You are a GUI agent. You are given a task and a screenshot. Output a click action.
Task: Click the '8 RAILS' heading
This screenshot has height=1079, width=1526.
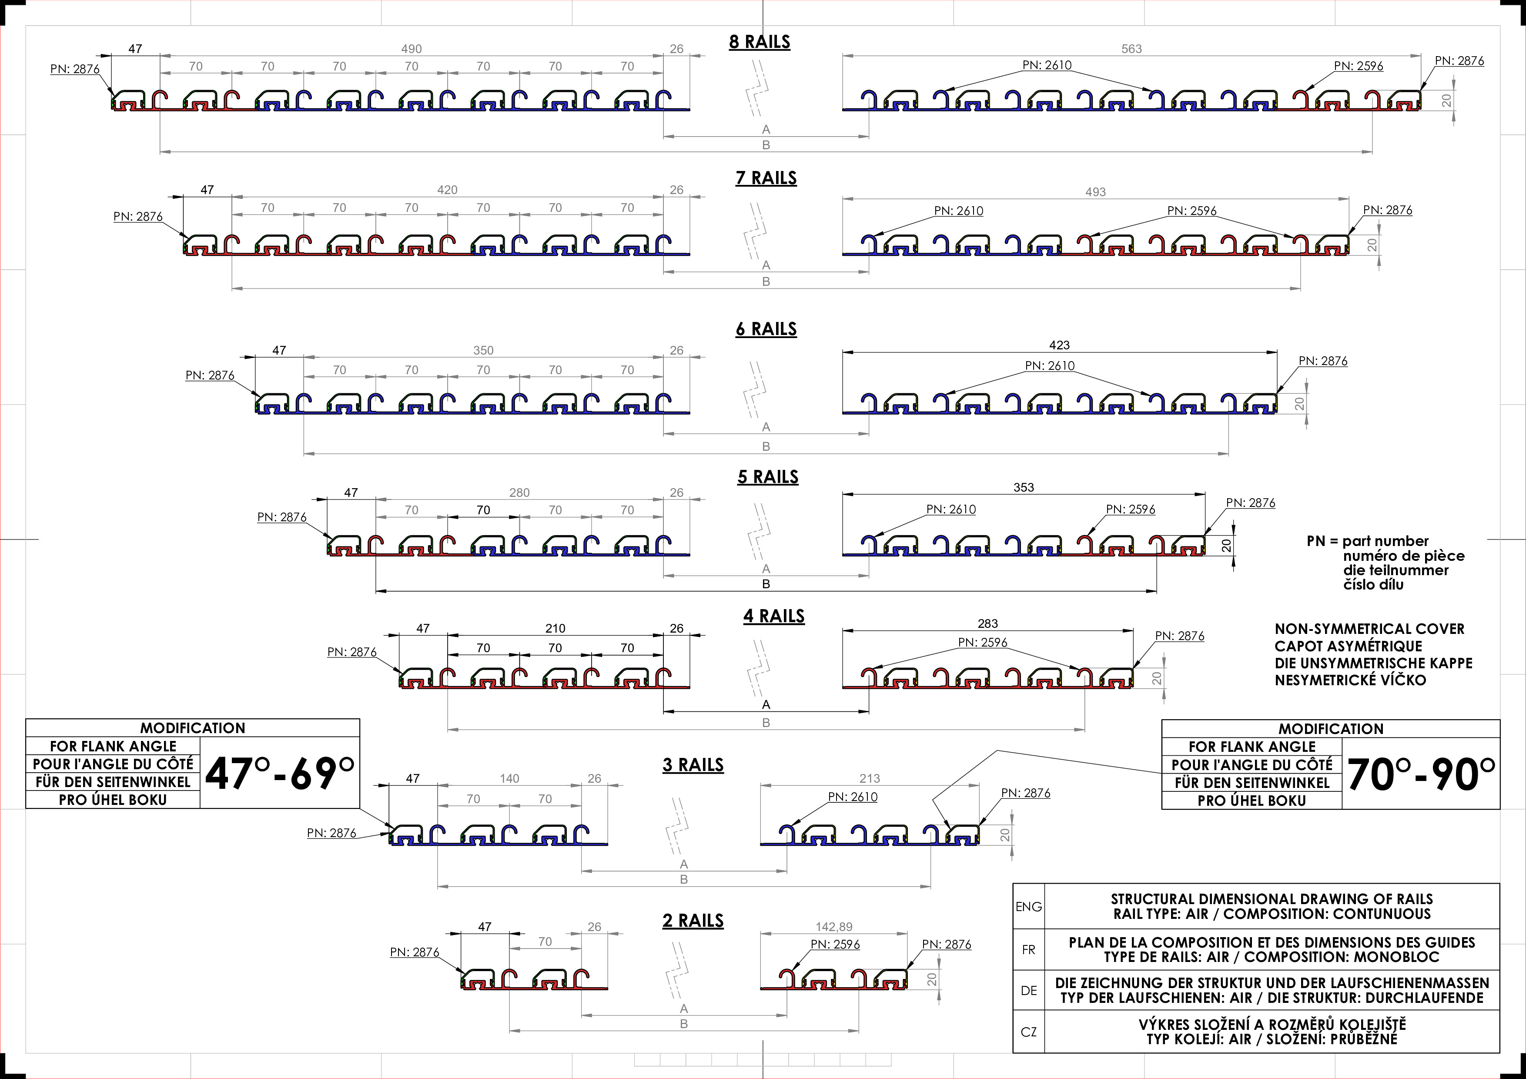click(759, 42)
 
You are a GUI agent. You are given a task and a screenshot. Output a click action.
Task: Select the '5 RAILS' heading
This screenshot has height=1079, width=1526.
click(768, 477)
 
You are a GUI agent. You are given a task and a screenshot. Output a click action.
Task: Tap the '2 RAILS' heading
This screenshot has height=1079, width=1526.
click(693, 921)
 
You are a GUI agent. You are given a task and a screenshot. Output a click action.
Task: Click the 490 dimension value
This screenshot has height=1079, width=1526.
click(412, 49)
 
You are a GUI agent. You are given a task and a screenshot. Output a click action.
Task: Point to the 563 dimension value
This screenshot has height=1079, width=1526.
click(1131, 49)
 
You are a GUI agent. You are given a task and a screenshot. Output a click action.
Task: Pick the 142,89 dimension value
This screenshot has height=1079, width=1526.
click(833, 927)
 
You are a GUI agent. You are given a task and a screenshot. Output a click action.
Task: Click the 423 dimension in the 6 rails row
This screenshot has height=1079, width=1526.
click(1059, 345)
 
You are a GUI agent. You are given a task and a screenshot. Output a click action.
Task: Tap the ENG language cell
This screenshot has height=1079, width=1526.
click(1028, 907)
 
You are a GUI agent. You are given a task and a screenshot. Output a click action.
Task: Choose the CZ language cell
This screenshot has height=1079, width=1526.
click(1028, 1032)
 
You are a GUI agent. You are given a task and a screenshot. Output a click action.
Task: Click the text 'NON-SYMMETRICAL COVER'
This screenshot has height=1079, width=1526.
click(1369, 629)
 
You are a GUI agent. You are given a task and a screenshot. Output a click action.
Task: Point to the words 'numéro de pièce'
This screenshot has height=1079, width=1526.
click(1403, 556)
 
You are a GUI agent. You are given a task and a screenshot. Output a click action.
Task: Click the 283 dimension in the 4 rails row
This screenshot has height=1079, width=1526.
click(987, 623)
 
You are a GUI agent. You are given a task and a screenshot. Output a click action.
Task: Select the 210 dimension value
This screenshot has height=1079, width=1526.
click(555, 628)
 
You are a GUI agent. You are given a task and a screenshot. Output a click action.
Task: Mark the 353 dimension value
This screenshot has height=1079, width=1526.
click(1024, 487)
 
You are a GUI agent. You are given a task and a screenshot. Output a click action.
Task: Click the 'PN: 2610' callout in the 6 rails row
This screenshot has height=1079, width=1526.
click(1050, 365)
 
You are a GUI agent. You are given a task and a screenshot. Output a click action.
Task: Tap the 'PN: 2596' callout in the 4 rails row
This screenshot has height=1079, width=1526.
click(982, 642)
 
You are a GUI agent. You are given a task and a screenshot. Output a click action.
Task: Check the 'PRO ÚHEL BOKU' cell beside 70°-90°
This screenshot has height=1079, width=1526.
click(1252, 801)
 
